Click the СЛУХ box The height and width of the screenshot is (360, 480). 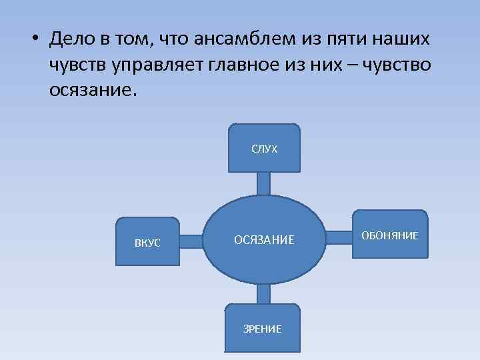(264, 148)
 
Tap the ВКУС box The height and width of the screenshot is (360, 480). (147, 242)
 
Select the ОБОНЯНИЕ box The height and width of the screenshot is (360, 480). (390, 235)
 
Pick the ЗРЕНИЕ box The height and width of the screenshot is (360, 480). (263, 328)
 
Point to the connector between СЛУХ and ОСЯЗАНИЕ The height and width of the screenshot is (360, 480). (264, 183)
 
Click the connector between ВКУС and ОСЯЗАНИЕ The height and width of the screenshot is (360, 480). (191, 241)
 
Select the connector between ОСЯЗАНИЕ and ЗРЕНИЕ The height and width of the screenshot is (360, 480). (264, 293)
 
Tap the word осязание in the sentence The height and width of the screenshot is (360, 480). (91, 90)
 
